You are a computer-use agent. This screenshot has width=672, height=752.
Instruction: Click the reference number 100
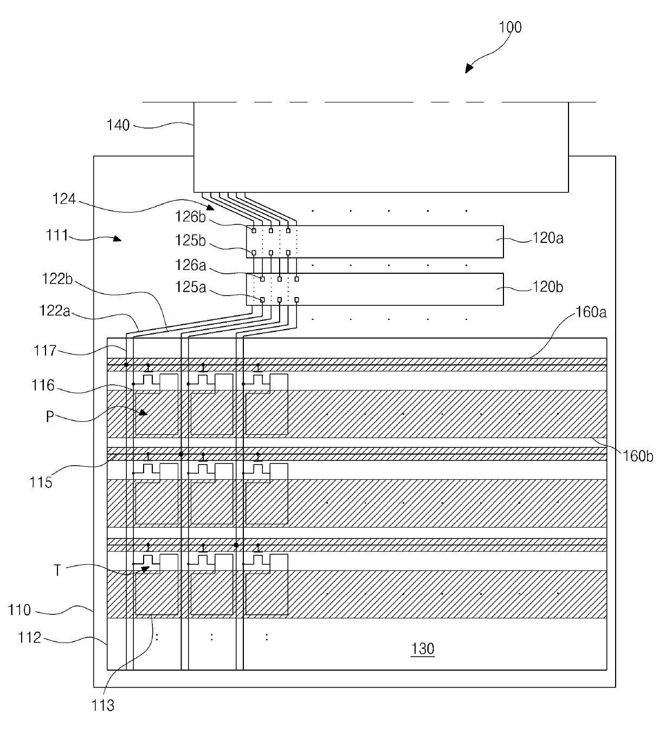(x=510, y=27)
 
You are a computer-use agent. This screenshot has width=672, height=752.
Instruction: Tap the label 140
(x=118, y=125)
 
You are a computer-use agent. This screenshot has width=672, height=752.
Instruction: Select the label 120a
(x=548, y=238)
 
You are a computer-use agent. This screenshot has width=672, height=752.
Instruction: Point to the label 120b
(x=548, y=287)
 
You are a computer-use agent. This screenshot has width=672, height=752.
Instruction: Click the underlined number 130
(x=422, y=648)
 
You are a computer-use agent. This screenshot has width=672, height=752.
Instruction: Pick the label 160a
(x=591, y=312)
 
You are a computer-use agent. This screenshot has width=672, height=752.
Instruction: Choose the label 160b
(x=637, y=456)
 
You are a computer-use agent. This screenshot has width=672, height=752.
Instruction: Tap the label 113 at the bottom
(x=103, y=705)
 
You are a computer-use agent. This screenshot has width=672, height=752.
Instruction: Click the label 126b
(x=190, y=217)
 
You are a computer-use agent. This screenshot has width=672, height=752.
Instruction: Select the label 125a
(x=190, y=287)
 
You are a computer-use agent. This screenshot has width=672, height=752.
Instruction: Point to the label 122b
(x=57, y=279)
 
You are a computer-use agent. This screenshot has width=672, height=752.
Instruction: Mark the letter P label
(x=50, y=416)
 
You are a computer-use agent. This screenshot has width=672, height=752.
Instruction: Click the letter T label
(x=57, y=570)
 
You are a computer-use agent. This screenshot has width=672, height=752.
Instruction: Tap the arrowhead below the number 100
(x=469, y=69)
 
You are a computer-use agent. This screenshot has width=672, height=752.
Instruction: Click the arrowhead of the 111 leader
(x=117, y=239)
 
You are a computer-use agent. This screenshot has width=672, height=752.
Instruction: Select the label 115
(x=41, y=482)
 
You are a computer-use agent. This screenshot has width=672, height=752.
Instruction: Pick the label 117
(x=45, y=350)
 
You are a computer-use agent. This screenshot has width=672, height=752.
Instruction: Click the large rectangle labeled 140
(x=381, y=147)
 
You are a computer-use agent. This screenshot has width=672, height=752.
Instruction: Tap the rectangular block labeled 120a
(x=375, y=242)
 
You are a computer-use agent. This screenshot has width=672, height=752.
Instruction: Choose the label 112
(x=29, y=637)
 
